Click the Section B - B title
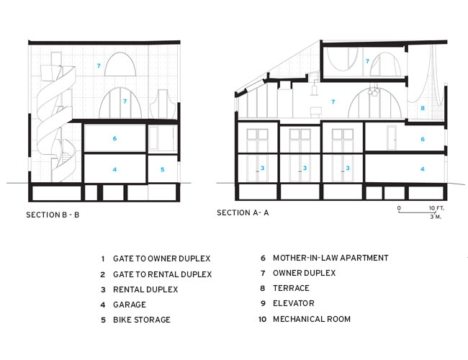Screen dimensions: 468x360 pyautogui.click(x=53, y=215)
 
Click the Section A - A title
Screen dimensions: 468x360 pyautogui.click(x=243, y=212)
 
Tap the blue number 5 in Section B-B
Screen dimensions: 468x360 pyautogui.click(x=163, y=169)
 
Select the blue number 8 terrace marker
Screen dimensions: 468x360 pyautogui.click(x=423, y=108)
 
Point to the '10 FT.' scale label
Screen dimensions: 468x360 pyautogui.click(x=436, y=208)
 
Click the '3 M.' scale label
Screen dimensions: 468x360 pyautogui.click(x=436, y=217)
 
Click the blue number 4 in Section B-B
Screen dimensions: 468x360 pyautogui.click(x=114, y=169)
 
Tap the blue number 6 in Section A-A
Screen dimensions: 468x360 pyautogui.click(x=423, y=139)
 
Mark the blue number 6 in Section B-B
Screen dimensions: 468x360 pyautogui.click(x=114, y=138)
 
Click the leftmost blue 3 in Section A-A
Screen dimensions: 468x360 pyautogui.click(x=262, y=168)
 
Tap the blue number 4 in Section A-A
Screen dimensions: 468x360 pyautogui.click(x=423, y=169)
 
